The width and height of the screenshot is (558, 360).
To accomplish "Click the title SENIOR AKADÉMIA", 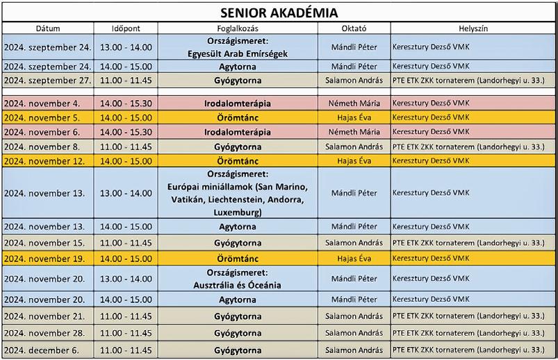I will pyautogui.click(x=279, y=13).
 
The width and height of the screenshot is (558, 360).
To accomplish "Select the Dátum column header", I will pyautogui.click(x=47, y=28).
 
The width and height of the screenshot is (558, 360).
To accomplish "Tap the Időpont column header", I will pyautogui.click(x=126, y=28).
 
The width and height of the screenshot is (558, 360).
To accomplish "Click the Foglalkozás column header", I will pyautogui.click(x=238, y=28).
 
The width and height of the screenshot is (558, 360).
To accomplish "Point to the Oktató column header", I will pyautogui.click(x=354, y=28).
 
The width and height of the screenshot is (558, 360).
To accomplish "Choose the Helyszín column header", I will pyautogui.click(x=473, y=28).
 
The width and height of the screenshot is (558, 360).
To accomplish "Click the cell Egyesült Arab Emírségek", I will pyautogui.click(x=238, y=54).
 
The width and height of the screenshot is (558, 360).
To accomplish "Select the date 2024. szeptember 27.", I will pyautogui.click(x=47, y=81).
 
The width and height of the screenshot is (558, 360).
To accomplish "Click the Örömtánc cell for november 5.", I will pyautogui.click(x=238, y=117).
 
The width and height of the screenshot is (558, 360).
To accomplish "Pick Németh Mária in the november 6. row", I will pyautogui.click(x=354, y=131).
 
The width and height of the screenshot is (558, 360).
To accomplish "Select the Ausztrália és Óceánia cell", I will pyautogui.click(x=238, y=285).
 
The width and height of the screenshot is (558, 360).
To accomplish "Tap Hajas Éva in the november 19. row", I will pyautogui.click(x=354, y=258).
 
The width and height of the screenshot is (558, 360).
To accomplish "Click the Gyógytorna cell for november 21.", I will pyautogui.click(x=238, y=316).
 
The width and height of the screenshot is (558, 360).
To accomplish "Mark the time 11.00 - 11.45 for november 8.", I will pyautogui.click(x=126, y=147).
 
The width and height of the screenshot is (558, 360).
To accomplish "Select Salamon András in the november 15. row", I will pyautogui.click(x=354, y=243).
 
